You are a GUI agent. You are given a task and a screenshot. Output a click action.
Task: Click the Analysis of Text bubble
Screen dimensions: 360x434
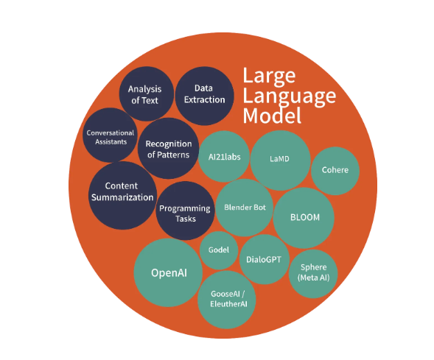(146, 94)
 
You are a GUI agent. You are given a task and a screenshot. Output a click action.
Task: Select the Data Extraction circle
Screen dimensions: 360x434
(200, 94)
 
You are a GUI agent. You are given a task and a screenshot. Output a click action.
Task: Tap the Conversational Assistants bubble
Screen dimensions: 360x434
(111, 135)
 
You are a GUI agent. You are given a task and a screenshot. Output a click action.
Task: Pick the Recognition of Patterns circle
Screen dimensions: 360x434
(167, 149)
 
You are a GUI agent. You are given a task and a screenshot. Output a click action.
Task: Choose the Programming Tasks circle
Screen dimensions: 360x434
(186, 212)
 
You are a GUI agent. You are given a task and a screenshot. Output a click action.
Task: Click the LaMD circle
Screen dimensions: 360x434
(279, 160)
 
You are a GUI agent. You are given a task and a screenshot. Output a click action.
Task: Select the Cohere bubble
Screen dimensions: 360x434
(335, 170)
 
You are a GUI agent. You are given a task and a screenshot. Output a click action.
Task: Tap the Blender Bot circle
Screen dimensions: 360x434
(244, 208)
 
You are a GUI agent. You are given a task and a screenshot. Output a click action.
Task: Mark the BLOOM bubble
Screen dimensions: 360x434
(304, 218)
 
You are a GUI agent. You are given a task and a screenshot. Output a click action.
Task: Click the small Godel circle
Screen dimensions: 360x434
(219, 250)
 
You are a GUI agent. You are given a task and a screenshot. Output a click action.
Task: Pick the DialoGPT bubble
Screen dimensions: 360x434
(266, 258)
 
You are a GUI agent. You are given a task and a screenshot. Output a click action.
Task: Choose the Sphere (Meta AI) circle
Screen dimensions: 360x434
(313, 272)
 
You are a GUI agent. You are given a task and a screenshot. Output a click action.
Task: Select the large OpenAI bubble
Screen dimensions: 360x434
(169, 272)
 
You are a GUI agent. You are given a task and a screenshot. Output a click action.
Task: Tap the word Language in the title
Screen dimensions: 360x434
(289, 96)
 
